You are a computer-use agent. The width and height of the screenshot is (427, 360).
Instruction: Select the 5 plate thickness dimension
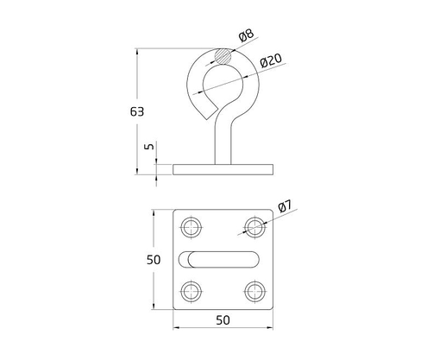pyautogui.click(x=149, y=148)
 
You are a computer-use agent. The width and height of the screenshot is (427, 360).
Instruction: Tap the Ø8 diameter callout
pyautogui.click(x=247, y=35)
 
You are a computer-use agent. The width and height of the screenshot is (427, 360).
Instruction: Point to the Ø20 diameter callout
pyautogui.click(x=270, y=60)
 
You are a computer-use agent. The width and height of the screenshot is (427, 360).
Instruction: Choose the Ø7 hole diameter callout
pyautogui.click(x=286, y=206)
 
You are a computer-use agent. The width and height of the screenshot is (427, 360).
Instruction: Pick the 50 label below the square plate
pyautogui.click(x=223, y=319)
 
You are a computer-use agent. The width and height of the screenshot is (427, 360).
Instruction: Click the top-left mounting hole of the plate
pyautogui.click(x=192, y=228)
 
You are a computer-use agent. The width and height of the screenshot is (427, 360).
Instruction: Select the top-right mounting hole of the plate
pyautogui.click(x=254, y=228)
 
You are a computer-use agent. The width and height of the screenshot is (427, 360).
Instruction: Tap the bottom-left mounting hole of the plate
pyautogui.click(x=192, y=290)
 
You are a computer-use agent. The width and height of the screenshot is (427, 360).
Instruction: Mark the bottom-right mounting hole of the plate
pyautogui.click(x=254, y=290)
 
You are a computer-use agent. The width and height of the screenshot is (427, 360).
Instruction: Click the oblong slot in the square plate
pyautogui.click(x=223, y=259)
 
